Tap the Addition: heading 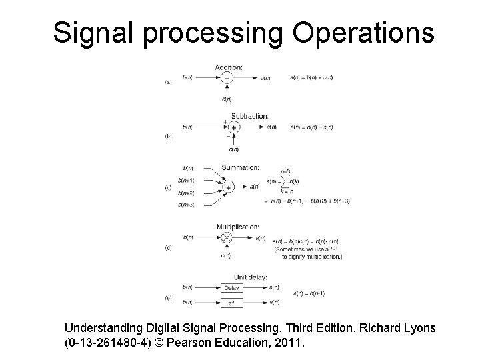coord(229,67)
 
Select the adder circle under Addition coord(227,79)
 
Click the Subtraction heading coord(249,115)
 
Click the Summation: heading coord(240,167)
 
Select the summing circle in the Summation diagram coord(228,187)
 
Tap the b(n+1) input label coord(186,180)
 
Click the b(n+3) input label coord(186,204)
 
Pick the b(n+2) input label coord(186,192)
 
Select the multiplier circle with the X coord(227,237)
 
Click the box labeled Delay coord(231,288)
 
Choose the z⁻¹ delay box coord(231,303)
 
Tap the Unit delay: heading coord(249,277)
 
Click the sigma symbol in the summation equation coord(285,181)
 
